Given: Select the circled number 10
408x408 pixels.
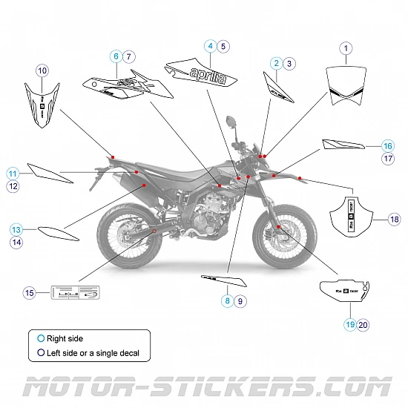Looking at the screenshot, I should click(42, 70).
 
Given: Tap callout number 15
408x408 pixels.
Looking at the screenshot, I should click(30, 293).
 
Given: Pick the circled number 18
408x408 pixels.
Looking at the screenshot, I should click(394, 219).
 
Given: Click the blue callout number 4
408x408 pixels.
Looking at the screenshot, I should click(211, 46).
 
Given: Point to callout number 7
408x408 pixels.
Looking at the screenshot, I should click(129, 56).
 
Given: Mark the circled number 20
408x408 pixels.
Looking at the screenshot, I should click(363, 324).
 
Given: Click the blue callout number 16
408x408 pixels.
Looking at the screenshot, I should click(387, 146).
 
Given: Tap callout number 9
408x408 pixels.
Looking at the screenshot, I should click(240, 301).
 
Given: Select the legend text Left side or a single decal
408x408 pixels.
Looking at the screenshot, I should click(93, 353).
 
